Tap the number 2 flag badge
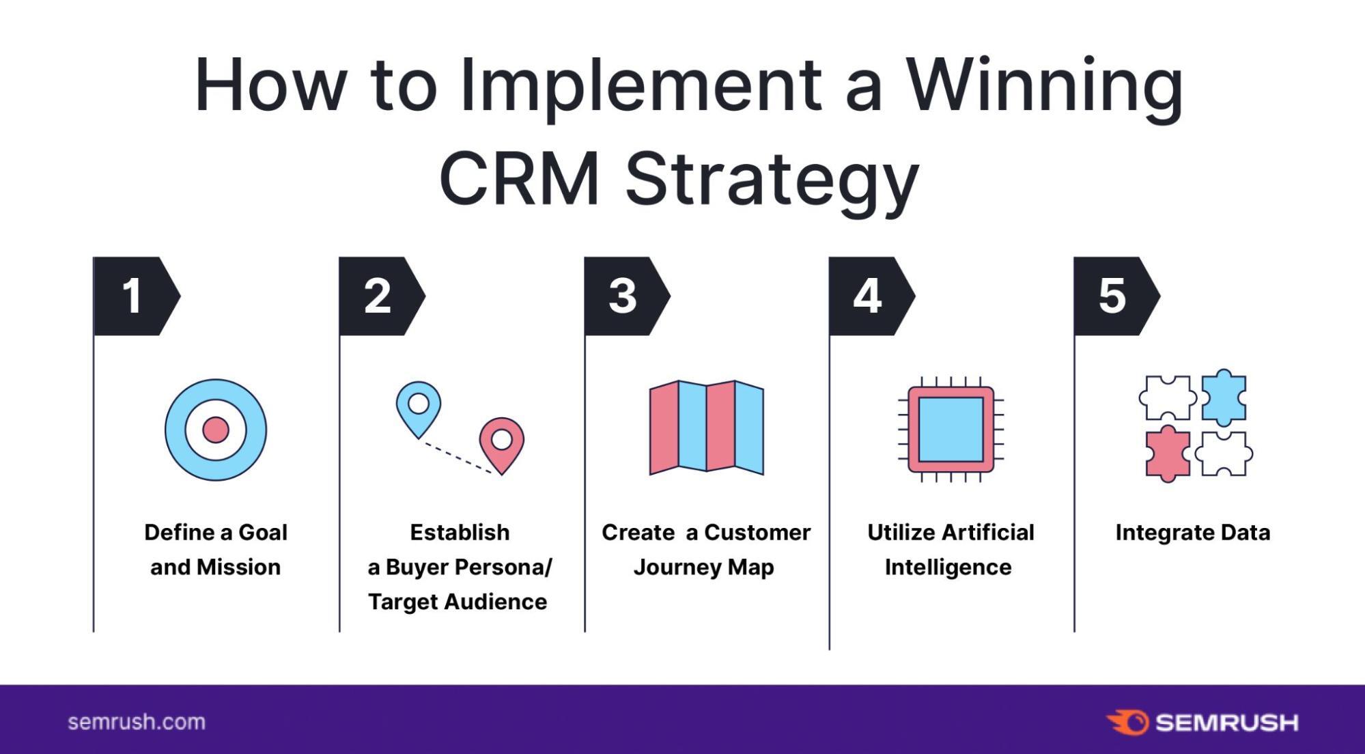380,296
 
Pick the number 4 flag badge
869,296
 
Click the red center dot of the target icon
216,430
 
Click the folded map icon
706,428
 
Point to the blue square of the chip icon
951,430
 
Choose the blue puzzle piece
1223,397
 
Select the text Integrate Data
1192,533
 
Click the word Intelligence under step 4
948,568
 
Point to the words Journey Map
703,568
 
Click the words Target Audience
458,602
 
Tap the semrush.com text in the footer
137,722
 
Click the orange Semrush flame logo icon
1127,723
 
